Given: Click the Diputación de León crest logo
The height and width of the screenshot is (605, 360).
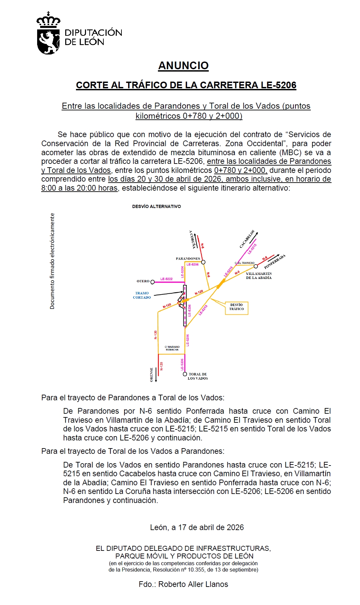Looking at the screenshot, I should coord(48,33).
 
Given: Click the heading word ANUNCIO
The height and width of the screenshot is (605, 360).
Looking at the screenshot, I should coord(183,66).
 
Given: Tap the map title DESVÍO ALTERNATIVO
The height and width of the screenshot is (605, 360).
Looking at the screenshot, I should coord(156,206).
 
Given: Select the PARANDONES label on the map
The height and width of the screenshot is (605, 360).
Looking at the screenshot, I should coord(188,259).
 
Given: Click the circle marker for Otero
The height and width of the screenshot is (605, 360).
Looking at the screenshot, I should coord(153,282).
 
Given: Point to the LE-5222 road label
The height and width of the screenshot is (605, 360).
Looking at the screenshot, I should coord(166,279).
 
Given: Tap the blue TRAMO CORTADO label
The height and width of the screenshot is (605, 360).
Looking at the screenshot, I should coord(142,295).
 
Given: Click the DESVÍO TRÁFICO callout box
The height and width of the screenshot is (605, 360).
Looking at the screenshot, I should coord(237,307).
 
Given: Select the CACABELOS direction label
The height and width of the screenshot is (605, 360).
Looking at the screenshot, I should coord(247,239).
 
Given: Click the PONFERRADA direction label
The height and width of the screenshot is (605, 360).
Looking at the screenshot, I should coord(275,262).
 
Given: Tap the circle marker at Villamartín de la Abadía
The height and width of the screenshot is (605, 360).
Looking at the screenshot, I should coord(256,266).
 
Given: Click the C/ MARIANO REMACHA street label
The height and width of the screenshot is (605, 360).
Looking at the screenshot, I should coord(172,348).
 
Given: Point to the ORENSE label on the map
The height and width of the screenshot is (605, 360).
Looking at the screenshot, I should coord(152,375).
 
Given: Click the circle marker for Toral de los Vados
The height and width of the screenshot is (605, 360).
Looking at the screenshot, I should coord(185,374).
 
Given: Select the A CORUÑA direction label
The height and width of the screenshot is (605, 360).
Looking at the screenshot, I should coord(192,239).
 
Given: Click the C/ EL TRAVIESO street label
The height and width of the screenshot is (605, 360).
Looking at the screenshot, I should coord(245,263).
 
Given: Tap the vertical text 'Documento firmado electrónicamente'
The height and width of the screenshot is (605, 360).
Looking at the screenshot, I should coord(52,261).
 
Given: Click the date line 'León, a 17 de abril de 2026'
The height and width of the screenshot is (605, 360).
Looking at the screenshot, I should coord(197,527).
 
